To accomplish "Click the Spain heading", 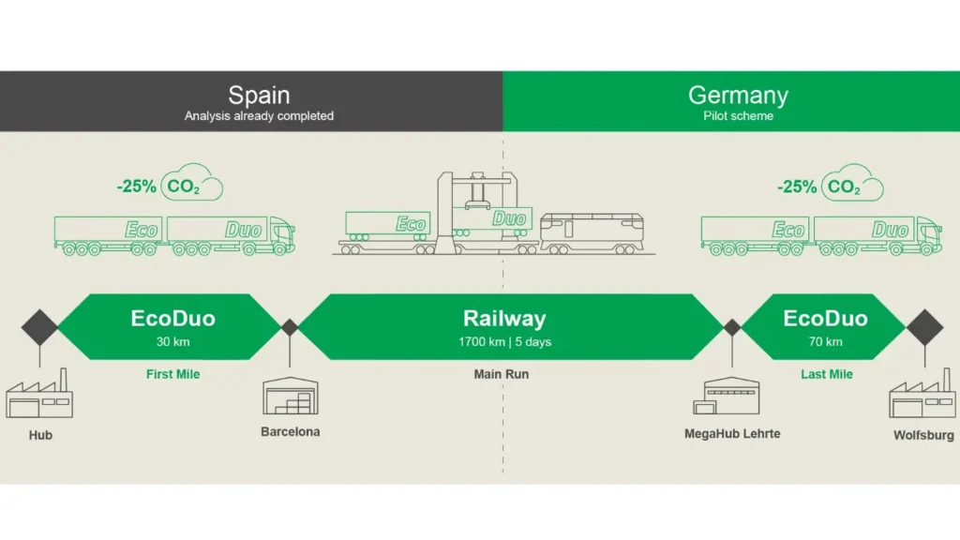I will coord(259,95).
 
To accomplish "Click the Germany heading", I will coord(738,95).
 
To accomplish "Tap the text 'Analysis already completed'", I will coord(259,116).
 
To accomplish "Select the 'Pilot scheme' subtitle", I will coord(738,116).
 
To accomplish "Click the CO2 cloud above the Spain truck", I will coord(191,185).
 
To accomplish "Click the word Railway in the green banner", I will coord(504,319).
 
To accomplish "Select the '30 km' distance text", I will coord(173,342).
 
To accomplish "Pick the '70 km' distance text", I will coord(826,342).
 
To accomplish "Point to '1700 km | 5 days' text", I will coord(504,342).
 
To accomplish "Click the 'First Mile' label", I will coord(173,374).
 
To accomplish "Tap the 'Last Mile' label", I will coord(826,374).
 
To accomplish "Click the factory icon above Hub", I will coord(39,396).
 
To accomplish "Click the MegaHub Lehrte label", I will coord(732,434).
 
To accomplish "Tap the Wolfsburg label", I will coord(923,435).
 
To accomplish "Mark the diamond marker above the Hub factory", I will coord(39,327).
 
